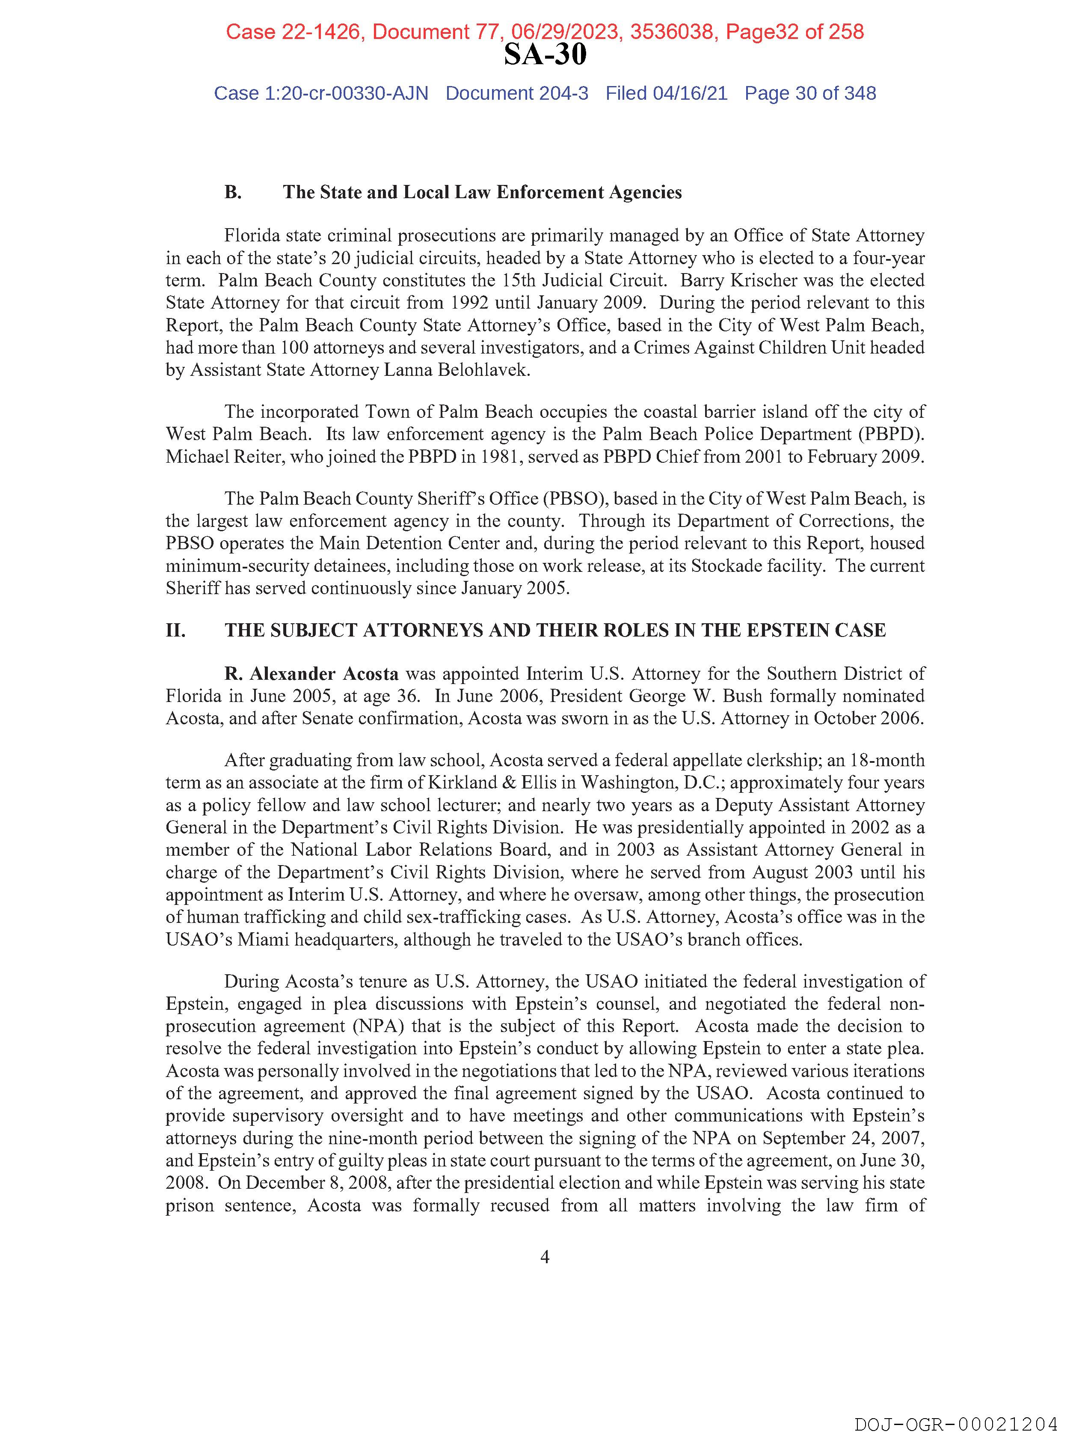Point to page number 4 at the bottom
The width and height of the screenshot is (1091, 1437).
point(545,1257)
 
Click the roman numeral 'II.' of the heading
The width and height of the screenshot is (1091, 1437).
point(175,630)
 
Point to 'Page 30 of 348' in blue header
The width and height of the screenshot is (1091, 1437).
point(810,94)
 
